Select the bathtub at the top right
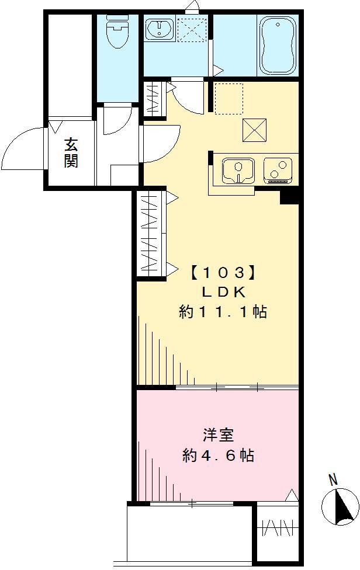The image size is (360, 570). coord(278,44)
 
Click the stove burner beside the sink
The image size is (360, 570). coord(277,169)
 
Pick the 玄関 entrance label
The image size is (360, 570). coord(71,153)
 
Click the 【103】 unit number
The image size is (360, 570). coord(223,272)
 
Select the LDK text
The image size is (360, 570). coord(223,291)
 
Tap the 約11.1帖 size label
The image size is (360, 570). coord(223,312)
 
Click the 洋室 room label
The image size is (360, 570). coord(218,436)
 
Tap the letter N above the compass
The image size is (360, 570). coord(333,480)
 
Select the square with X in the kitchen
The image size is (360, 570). coord(255,130)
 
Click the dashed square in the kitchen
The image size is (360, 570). coord(229,98)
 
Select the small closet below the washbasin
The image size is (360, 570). coord(154,99)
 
